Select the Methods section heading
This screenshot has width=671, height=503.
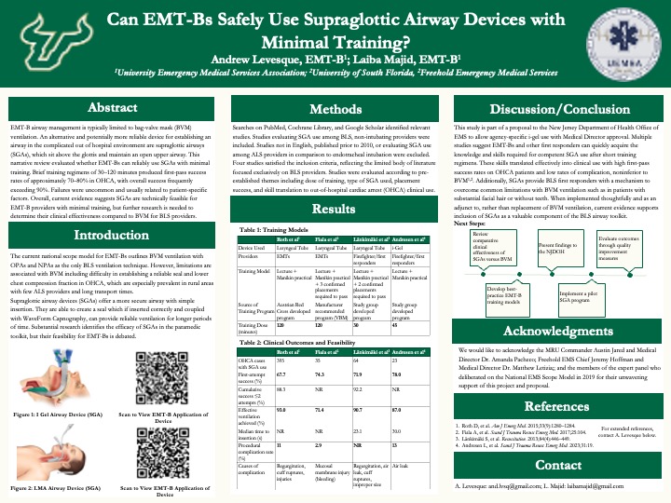tap(335, 109)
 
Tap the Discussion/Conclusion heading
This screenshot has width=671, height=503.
tap(558, 109)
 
